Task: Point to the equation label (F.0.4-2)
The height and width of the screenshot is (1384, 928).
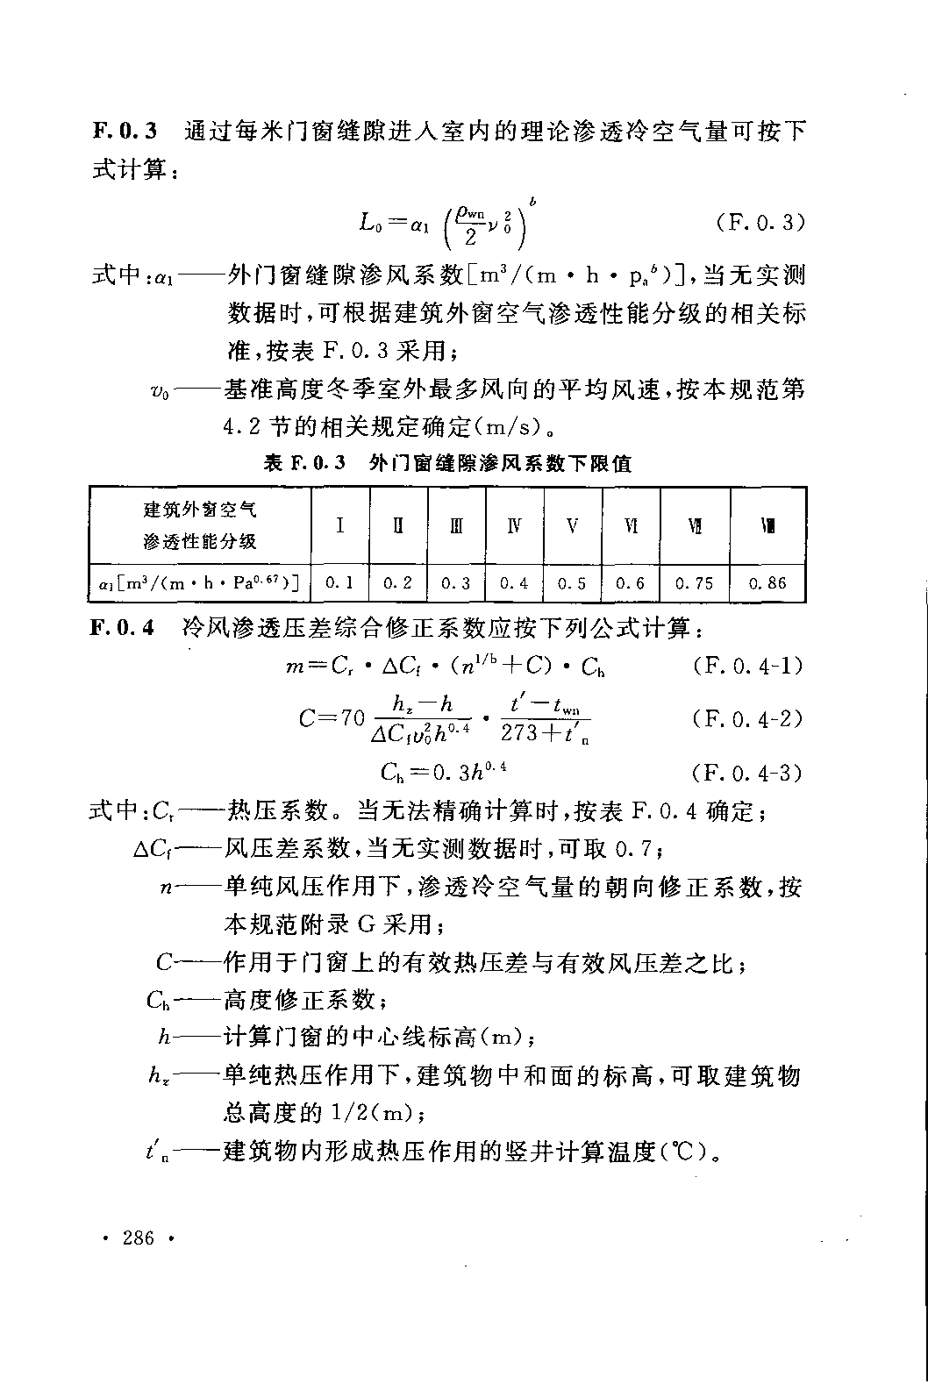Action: point(746,719)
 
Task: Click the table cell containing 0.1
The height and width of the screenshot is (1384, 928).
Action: point(339,582)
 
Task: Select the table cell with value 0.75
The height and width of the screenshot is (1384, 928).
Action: point(694,582)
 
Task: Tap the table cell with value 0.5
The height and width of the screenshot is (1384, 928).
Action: point(572,582)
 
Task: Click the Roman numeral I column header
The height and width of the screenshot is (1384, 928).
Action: point(339,525)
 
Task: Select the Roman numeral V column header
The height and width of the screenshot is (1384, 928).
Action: point(572,525)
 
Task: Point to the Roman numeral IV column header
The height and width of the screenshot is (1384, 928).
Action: point(514,525)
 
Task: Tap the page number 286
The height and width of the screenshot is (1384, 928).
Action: point(139,1238)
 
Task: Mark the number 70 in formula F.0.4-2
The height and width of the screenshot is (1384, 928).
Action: point(352,719)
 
